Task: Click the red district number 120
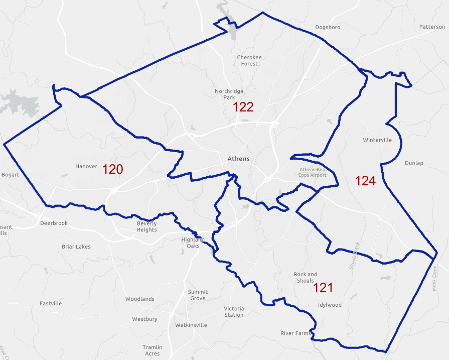(x=113, y=169)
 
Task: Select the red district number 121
(x=323, y=288)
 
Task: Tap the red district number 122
(x=243, y=107)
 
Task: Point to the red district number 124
(x=365, y=181)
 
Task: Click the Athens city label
(x=238, y=159)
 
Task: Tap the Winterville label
(x=377, y=140)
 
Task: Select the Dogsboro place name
(x=328, y=27)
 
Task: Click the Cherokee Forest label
(x=249, y=61)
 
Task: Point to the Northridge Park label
(x=229, y=94)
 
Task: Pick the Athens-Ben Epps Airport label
(x=313, y=172)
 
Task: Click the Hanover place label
(x=86, y=166)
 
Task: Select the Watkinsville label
(x=191, y=325)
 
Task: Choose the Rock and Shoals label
(x=306, y=277)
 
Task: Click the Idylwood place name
(x=330, y=305)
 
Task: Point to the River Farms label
(x=295, y=333)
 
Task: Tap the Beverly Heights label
(x=146, y=226)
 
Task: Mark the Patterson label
(x=432, y=27)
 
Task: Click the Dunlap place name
(x=414, y=163)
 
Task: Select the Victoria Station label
(x=234, y=311)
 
